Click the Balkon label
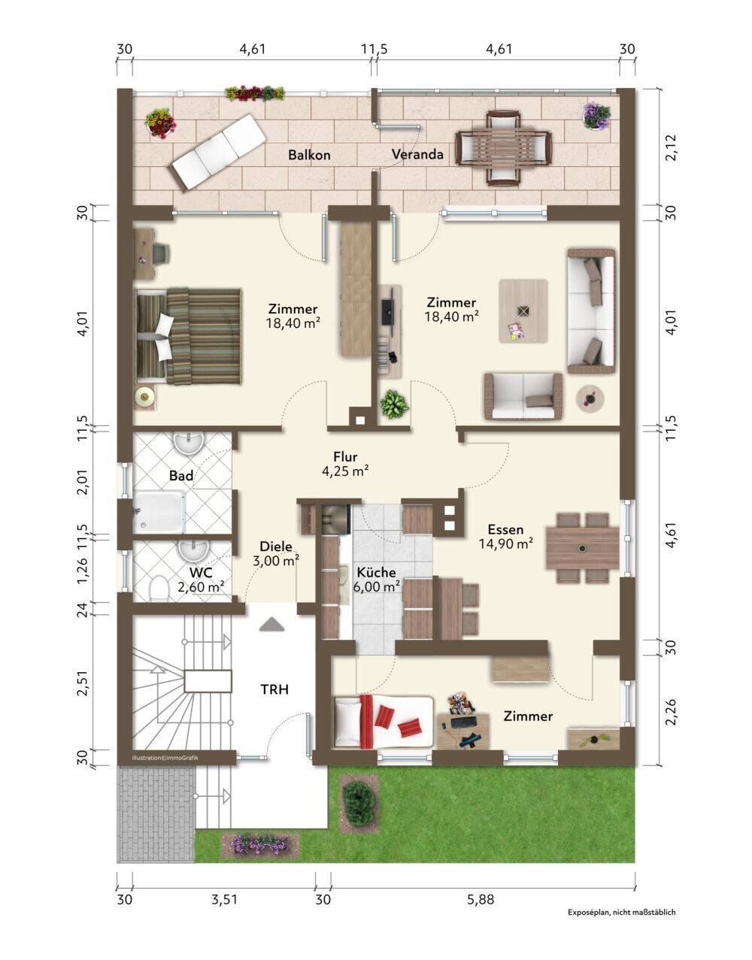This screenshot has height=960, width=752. click(x=309, y=155)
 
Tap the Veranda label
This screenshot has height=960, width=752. click(x=417, y=155)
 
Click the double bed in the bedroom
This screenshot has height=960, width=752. click(x=189, y=336)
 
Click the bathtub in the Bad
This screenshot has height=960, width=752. click(x=159, y=513)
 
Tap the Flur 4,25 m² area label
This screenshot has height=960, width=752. click(x=345, y=464)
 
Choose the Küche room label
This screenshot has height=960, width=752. click(x=377, y=573)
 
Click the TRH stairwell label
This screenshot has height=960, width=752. click(x=274, y=689)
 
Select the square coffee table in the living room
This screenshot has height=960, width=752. click(x=523, y=310)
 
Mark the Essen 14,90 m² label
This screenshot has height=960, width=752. click(x=506, y=536)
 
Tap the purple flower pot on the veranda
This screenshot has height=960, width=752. click(x=596, y=117)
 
